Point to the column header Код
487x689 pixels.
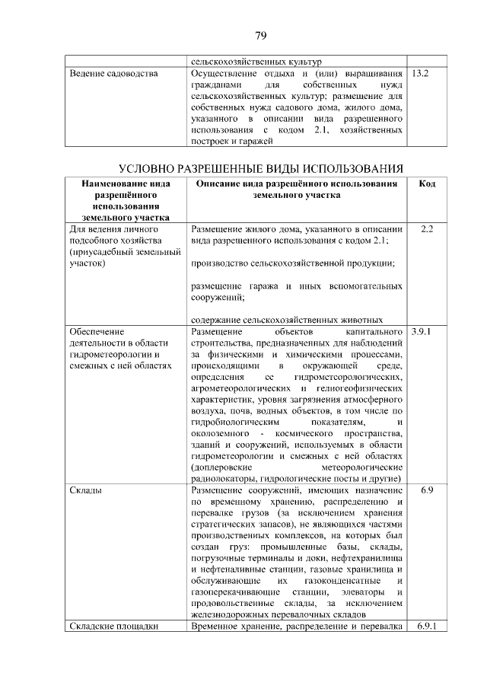[427, 184]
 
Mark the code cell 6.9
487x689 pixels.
[427, 491]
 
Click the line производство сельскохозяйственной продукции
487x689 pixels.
[292, 263]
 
